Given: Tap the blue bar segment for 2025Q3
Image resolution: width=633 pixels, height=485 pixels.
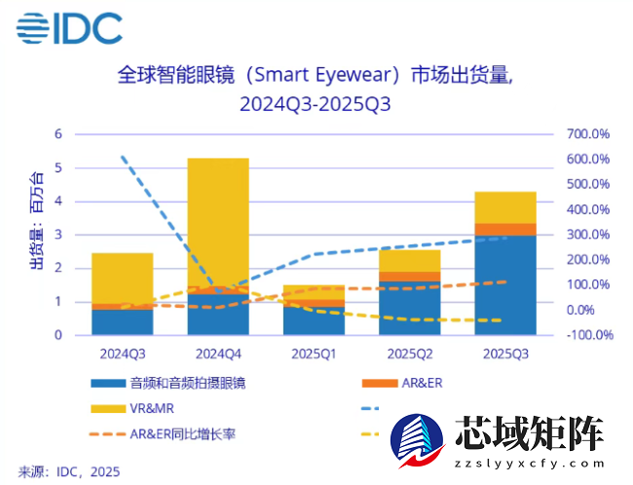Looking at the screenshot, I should coord(504,284).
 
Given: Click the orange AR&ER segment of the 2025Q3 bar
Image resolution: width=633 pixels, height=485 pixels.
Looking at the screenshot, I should coord(504,229).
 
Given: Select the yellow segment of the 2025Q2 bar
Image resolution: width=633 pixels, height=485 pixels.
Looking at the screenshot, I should coord(409,260).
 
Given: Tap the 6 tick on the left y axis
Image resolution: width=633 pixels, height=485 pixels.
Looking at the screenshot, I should coord(57,133).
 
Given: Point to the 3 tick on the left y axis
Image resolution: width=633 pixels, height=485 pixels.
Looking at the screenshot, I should coord(57,235).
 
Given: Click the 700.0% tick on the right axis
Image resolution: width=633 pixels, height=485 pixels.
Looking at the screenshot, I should coord(588,133).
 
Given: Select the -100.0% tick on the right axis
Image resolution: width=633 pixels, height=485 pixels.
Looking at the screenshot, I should coord(588,335).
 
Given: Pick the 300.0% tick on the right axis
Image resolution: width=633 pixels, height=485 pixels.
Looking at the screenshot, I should coord(588,235).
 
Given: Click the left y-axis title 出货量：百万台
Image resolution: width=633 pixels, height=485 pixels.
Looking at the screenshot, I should coord(36,223).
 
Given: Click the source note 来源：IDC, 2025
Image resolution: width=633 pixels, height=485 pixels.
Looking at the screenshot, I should coord(69,471).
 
